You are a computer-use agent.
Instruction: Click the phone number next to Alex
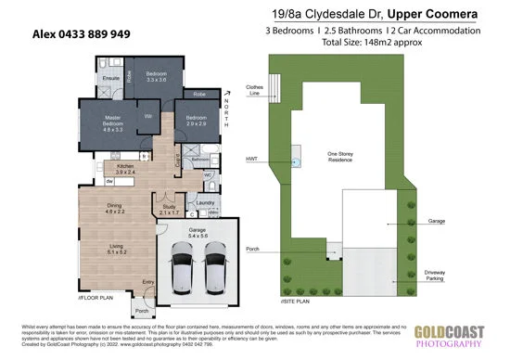(x=91, y=32)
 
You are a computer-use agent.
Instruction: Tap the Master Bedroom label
(x=112, y=120)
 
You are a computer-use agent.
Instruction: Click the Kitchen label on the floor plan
(x=124, y=169)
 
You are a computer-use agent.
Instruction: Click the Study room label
(x=168, y=210)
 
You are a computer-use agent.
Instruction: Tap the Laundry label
(x=205, y=202)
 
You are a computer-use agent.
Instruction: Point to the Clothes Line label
(x=255, y=91)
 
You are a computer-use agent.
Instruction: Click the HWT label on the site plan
(x=252, y=160)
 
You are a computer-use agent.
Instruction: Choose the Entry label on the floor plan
(x=147, y=283)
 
